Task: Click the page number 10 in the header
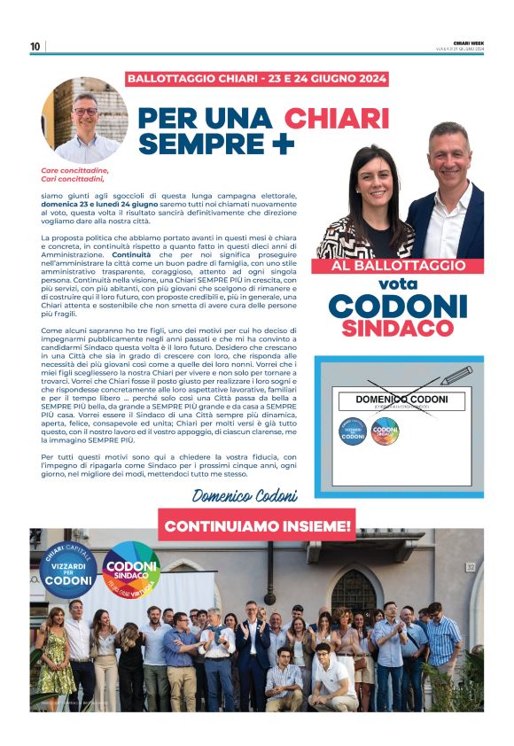[x=35, y=47]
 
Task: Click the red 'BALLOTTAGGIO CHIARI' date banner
[x=257, y=79]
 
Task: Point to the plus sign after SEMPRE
[x=283, y=143]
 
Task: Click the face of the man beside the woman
[x=448, y=155]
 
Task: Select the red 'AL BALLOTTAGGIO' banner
[x=399, y=266]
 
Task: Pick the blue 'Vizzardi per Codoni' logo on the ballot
[x=352, y=431]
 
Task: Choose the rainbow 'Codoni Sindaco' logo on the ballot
[x=385, y=431]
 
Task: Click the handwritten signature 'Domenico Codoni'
[x=243, y=494]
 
